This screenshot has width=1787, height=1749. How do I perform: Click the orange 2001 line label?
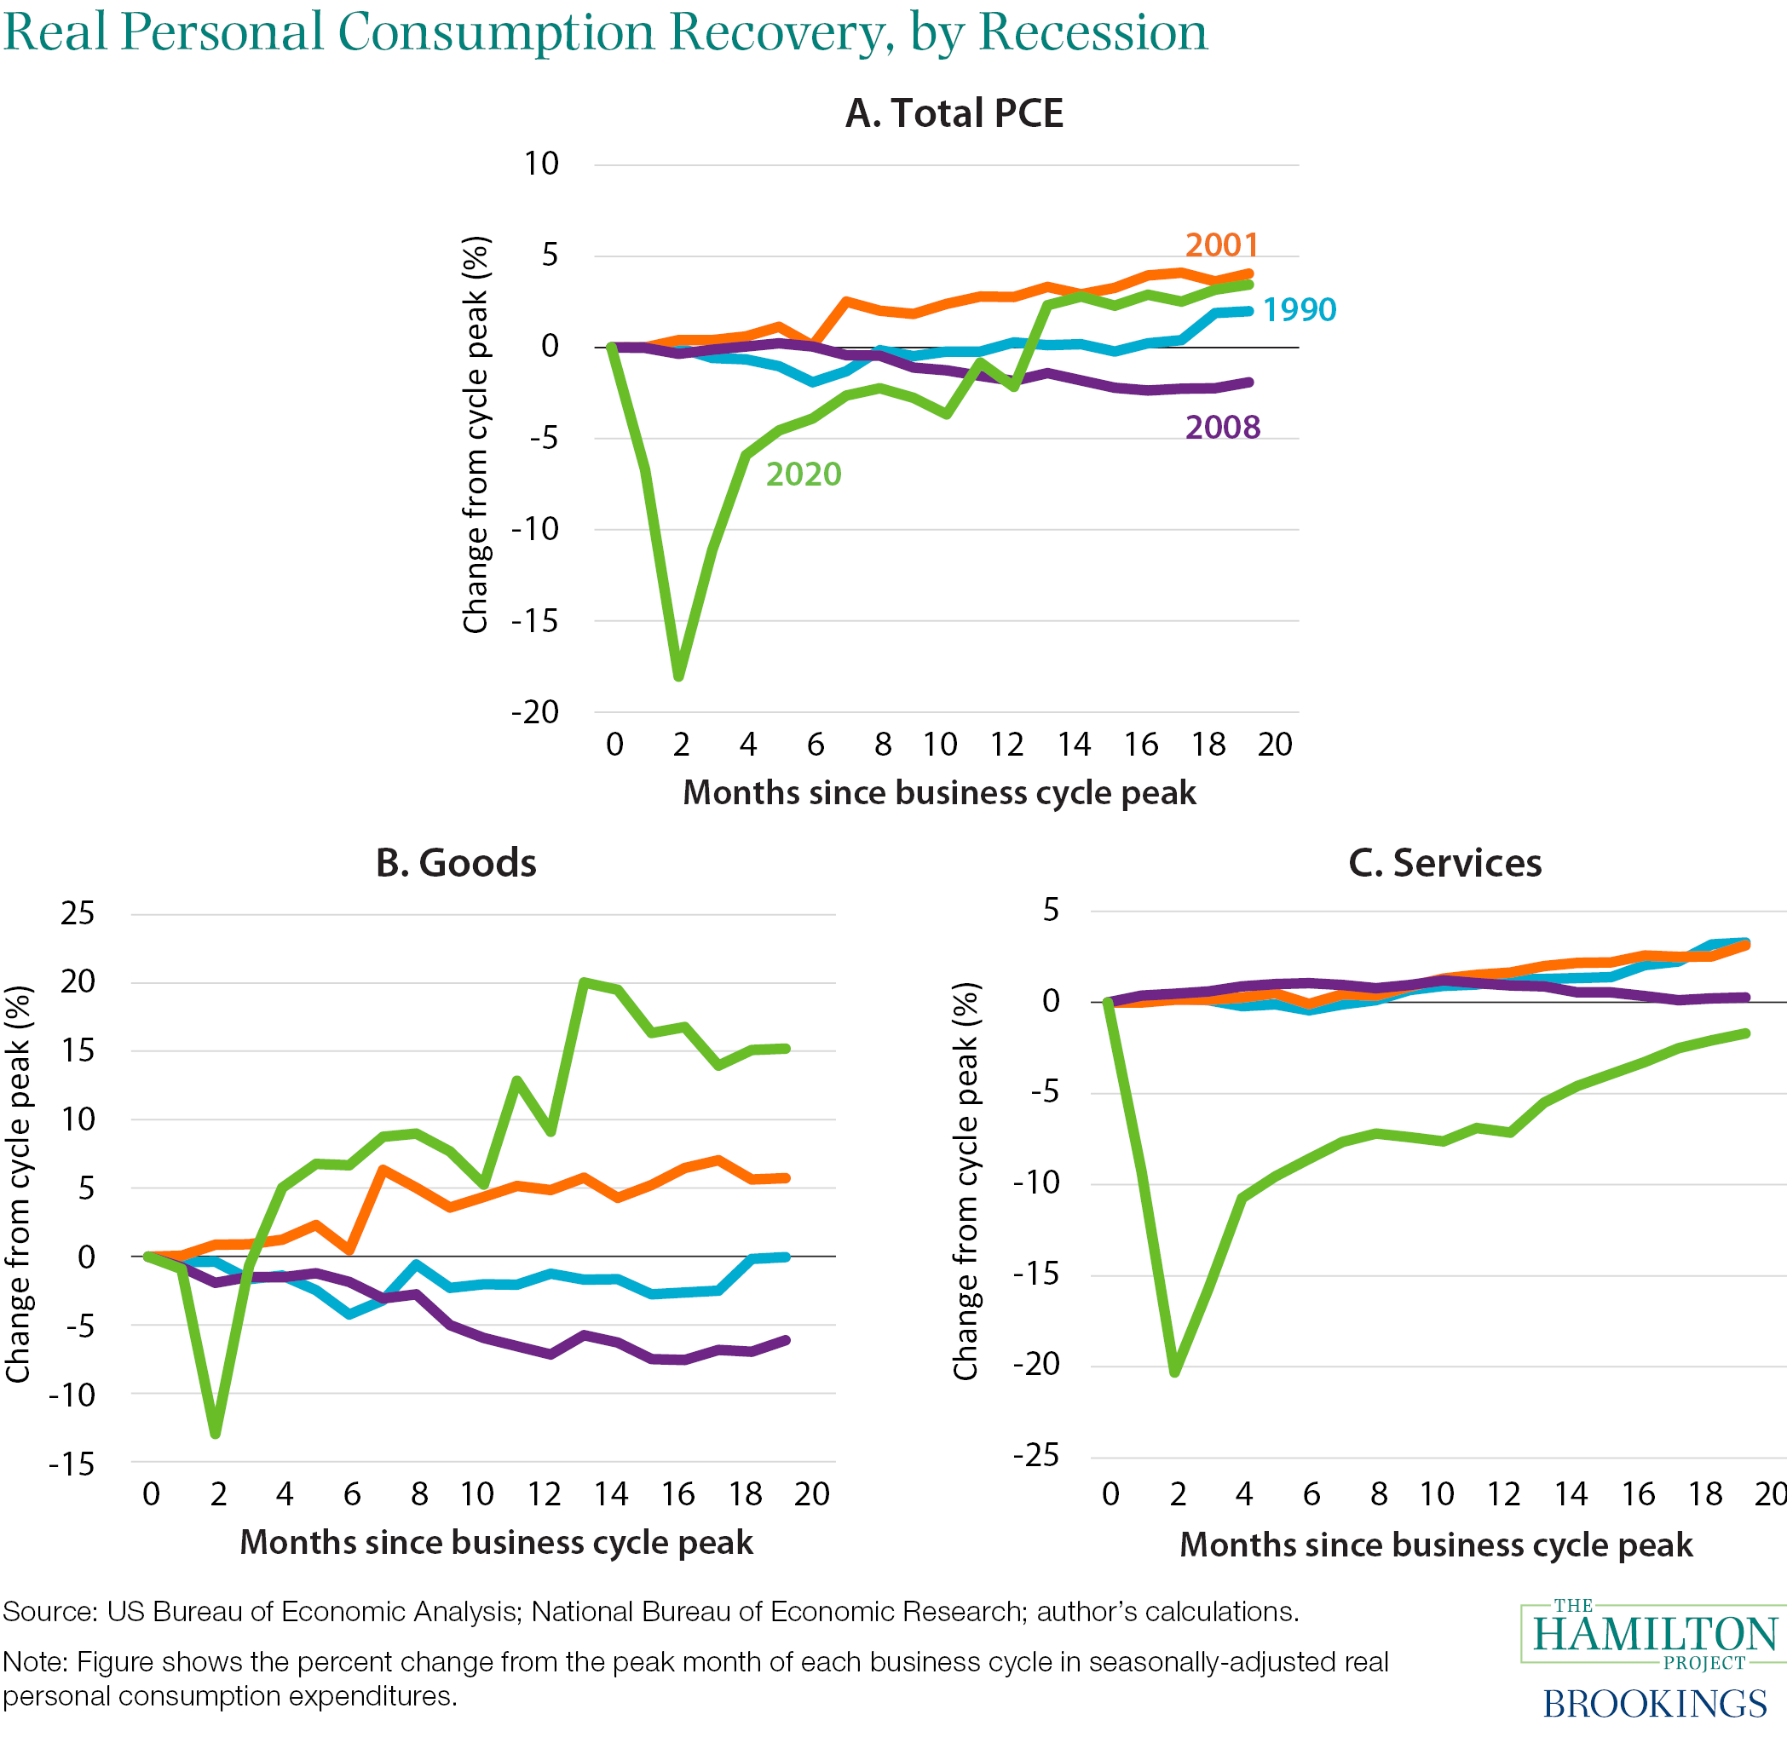[x=1221, y=245]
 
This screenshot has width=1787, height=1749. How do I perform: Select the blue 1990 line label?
[x=1300, y=310]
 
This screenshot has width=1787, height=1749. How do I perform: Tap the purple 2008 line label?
[x=1223, y=428]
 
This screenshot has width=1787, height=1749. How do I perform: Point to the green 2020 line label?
[x=804, y=475]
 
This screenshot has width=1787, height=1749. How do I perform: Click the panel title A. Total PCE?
[x=954, y=114]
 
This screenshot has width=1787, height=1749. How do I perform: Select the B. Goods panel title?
[x=456, y=864]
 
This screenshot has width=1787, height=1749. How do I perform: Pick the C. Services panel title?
[x=1444, y=864]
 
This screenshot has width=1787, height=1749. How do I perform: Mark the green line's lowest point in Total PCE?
[x=679, y=677]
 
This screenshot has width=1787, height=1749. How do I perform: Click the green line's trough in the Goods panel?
[x=216, y=1433]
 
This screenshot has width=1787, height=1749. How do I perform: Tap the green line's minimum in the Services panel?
[x=1176, y=1372]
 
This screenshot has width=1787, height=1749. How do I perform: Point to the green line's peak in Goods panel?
[x=584, y=982]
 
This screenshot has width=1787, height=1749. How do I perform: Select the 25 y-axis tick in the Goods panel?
[x=78, y=913]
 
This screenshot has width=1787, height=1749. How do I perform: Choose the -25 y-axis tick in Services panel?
[x=1035, y=1456]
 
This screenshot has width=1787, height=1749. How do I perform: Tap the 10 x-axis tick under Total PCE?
[x=940, y=744]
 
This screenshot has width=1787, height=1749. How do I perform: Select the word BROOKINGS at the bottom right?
[x=1655, y=1704]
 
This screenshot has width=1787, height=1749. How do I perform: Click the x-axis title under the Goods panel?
[x=496, y=1542]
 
